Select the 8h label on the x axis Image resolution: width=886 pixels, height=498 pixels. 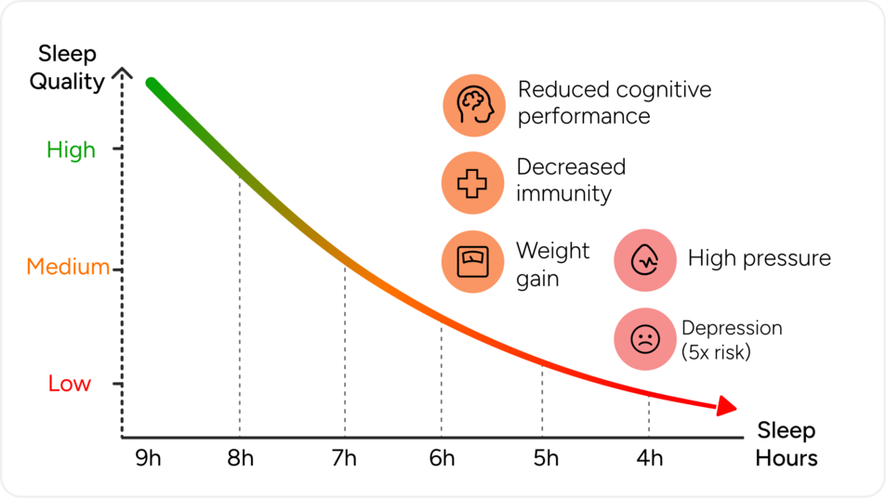[240, 459]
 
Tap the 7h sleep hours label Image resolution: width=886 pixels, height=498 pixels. [344, 459]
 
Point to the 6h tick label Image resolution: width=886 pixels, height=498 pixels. [442, 459]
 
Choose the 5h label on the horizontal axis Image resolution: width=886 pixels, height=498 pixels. [546, 459]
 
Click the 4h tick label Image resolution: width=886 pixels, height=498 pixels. [650, 459]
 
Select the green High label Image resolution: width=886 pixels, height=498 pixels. [71, 150]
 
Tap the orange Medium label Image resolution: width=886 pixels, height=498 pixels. [68, 268]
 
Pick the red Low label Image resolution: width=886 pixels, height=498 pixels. [70, 384]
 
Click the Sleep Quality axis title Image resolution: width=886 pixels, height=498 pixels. [67, 68]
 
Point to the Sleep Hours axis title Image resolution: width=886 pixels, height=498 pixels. [787, 444]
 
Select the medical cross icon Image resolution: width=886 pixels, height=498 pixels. [472, 182]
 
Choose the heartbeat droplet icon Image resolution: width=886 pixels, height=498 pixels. [643, 260]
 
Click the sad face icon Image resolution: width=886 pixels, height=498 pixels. [643, 339]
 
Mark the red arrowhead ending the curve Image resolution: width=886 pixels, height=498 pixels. [726, 406]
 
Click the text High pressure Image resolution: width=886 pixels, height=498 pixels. [759, 258]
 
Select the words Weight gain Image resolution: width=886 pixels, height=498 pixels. [552, 264]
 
